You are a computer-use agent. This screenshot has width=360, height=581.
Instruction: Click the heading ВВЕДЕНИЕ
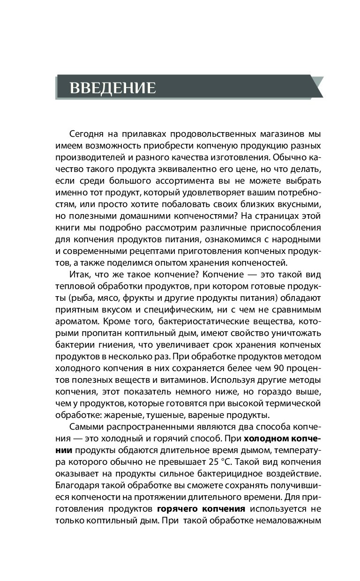[x=113, y=88]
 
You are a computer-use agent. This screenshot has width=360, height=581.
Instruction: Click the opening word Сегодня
[x=87, y=135]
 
